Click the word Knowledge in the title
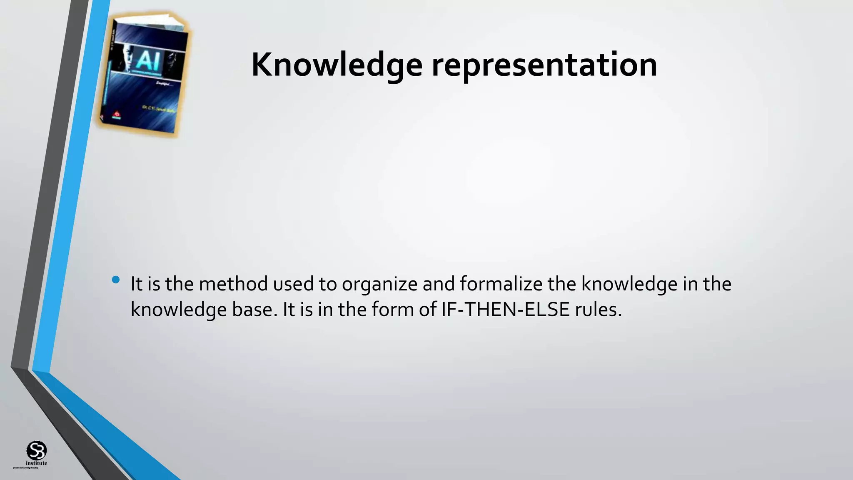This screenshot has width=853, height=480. pyautogui.click(x=337, y=65)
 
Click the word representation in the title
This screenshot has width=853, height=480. pyautogui.click(x=544, y=65)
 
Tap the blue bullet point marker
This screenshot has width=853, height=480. pyautogui.click(x=116, y=280)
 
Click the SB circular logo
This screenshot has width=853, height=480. pyautogui.click(x=37, y=450)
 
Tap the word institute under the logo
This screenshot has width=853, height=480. pyautogui.click(x=37, y=463)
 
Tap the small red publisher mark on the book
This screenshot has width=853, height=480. pyautogui.click(x=117, y=114)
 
